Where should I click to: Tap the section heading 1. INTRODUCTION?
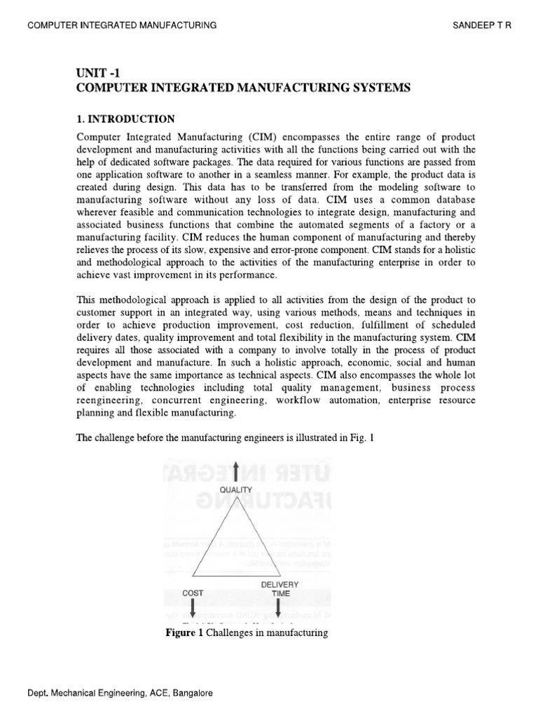coord(125,118)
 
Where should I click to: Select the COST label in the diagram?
coord(193,592)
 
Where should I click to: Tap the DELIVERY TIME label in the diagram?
coord(280,588)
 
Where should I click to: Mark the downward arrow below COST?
coord(193,609)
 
